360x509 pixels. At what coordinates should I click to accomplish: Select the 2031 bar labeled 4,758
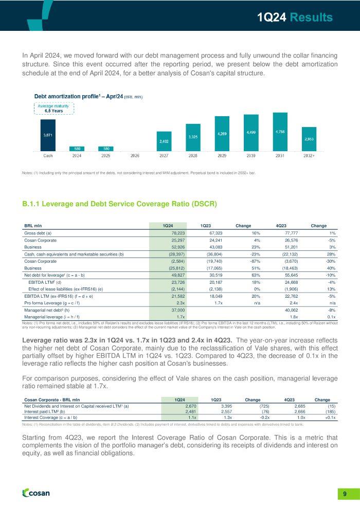(x=280, y=132)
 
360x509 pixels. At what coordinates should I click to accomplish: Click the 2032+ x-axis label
(x=309, y=155)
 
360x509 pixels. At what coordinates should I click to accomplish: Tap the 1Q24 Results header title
(x=295, y=17)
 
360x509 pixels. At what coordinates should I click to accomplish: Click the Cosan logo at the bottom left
(x=37, y=493)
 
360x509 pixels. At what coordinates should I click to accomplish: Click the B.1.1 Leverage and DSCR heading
(x=119, y=205)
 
